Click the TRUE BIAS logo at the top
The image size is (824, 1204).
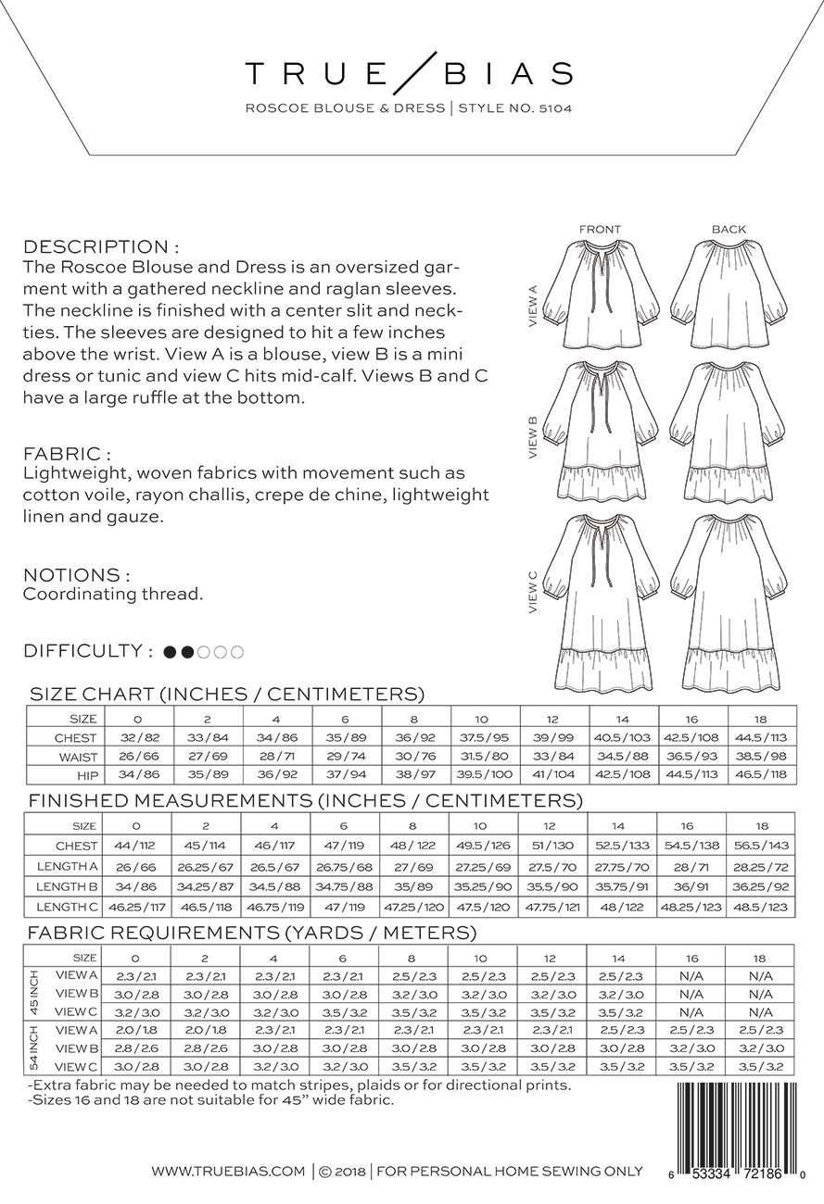pyautogui.click(x=409, y=72)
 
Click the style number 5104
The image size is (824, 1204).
pyautogui.click(x=552, y=107)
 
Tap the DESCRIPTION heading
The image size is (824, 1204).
pyautogui.click(x=101, y=247)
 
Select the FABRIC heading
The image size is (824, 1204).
pyautogui.click(x=67, y=455)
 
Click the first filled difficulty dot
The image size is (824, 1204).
pyautogui.click(x=170, y=652)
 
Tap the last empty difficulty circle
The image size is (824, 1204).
pyautogui.click(x=237, y=652)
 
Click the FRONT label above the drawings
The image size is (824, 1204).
pyautogui.click(x=600, y=230)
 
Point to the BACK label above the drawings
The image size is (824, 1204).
pyautogui.click(x=729, y=230)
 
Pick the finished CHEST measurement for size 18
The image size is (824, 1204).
pyautogui.click(x=760, y=846)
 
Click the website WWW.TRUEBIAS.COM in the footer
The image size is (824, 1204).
pyautogui.click(x=228, y=1172)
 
